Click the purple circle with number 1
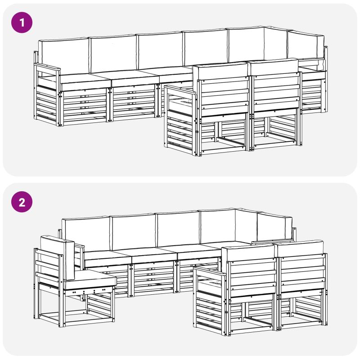pyautogui.click(x=22, y=22)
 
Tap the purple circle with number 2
pyautogui.click(x=22, y=202)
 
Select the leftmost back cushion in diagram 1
pyautogui.click(x=63, y=56)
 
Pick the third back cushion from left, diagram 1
pyautogui.click(x=160, y=50)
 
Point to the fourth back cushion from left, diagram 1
pyautogui.click(x=206, y=48)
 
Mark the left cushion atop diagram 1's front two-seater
pyautogui.click(x=221, y=72)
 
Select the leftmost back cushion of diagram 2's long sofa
pyautogui.click(x=86, y=234)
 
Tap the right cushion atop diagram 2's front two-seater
pyautogui.click(x=300, y=248)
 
